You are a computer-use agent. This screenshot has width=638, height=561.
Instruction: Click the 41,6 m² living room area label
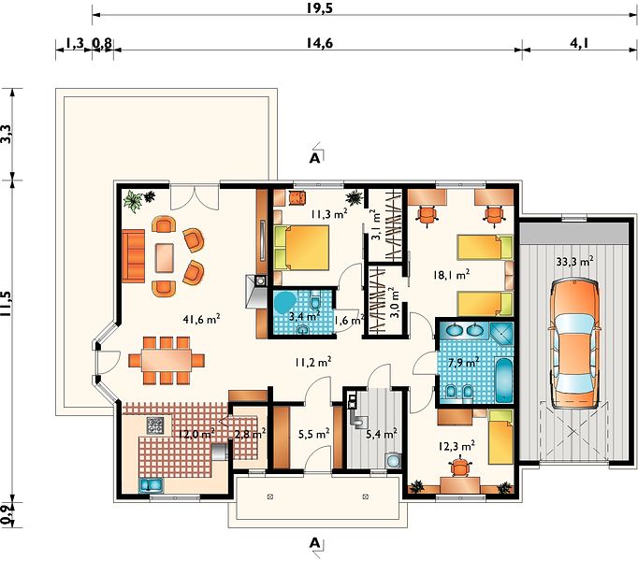(x=202, y=319)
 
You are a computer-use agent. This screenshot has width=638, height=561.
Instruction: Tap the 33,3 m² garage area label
(x=574, y=262)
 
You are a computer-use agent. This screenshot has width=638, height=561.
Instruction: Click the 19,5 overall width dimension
(x=320, y=7)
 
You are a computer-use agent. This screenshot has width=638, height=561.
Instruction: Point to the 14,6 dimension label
(x=319, y=43)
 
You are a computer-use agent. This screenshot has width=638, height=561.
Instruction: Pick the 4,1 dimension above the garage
(x=579, y=43)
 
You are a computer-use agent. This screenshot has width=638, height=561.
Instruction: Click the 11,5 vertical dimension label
(x=7, y=304)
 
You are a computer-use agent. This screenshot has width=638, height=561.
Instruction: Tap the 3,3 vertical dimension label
(x=7, y=134)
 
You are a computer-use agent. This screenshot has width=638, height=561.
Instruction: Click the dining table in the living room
(x=167, y=360)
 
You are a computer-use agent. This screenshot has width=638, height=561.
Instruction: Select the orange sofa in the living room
(x=133, y=255)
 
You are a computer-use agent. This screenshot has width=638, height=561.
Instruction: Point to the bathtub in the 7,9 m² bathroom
(x=503, y=380)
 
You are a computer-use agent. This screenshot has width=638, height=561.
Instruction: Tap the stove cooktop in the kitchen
(x=155, y=425)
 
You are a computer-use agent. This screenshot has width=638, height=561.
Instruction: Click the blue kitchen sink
(x=152, y=485)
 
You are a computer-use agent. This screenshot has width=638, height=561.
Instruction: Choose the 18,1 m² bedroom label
(x=451, y=275)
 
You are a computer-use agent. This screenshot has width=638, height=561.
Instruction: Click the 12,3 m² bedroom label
(x=457, y=446)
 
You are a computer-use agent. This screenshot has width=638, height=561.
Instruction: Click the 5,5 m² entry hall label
(x=313, y=434)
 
